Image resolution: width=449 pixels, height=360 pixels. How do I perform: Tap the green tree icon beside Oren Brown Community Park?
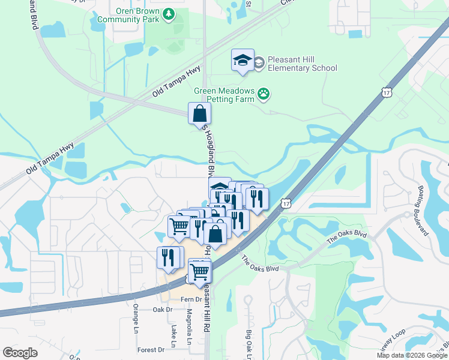tap(169, 13)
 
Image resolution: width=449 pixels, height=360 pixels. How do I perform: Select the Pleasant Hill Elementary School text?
tap(303, 64)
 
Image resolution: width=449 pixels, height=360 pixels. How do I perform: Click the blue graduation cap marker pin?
tap(243, 60)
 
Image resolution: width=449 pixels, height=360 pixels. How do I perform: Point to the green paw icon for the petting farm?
tap(264, 93)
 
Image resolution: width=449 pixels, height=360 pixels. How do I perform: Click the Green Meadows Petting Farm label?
tap(223, 95)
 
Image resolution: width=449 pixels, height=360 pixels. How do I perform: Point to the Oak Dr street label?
tap(162, 310)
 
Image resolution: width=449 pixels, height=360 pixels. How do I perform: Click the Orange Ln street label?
tap(136, 318)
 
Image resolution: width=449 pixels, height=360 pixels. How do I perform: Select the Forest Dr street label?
tap(150, 350)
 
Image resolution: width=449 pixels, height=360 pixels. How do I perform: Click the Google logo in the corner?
tap(20, 353)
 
